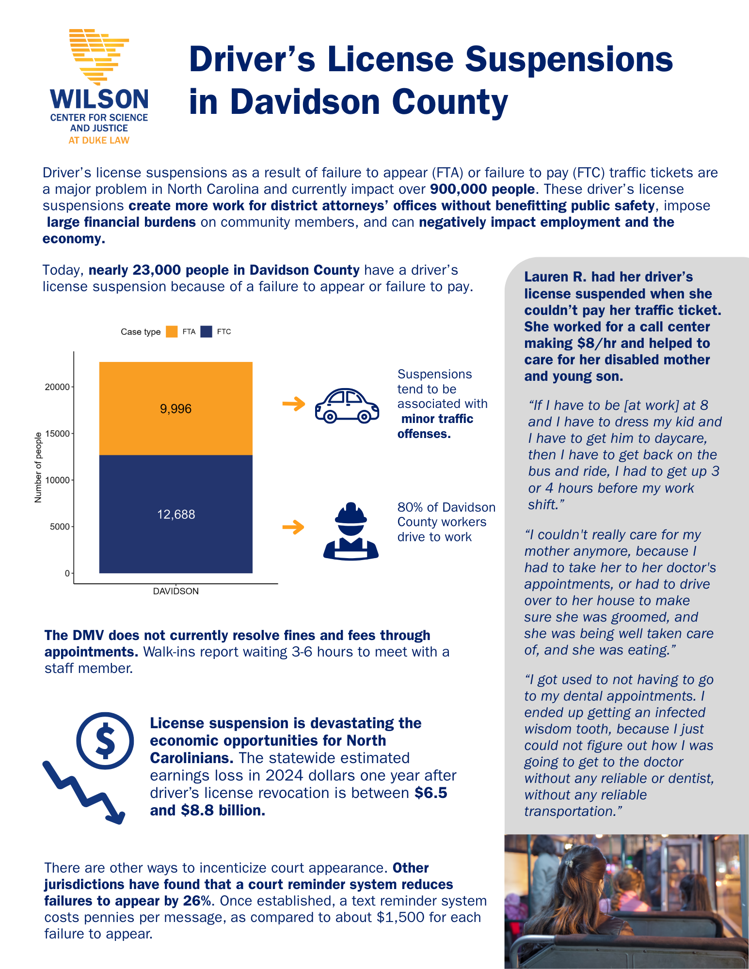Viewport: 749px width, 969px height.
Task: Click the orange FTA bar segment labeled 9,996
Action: (x=175, y=408)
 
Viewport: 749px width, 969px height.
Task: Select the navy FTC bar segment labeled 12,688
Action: (x=175, y=514)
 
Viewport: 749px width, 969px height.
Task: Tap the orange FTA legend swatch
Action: (x=172, y=332)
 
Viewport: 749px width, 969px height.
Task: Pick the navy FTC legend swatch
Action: (x=207, y=332)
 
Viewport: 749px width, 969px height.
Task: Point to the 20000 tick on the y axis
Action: (x=58, y=387)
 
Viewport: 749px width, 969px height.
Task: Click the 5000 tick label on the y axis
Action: (x=60, y=527)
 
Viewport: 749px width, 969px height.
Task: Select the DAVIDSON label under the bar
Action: (x=175, y=591)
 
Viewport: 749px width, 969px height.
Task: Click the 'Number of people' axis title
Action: (x=38, y=468)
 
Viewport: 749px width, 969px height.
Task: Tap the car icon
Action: (x=347, y=406)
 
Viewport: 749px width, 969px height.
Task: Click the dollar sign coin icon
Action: (x=105, y=740)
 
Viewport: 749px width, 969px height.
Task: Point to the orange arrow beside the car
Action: (x=294, y=404)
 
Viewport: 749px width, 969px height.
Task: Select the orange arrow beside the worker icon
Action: (x=293, y=527)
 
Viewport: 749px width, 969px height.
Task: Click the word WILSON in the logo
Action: (x=99, y=99)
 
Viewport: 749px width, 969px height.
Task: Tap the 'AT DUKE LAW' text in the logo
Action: (x=99, y=141)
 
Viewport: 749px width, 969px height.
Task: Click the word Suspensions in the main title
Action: (x=569, y=59)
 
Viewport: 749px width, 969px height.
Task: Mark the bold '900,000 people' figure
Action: (x=482, y=189)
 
